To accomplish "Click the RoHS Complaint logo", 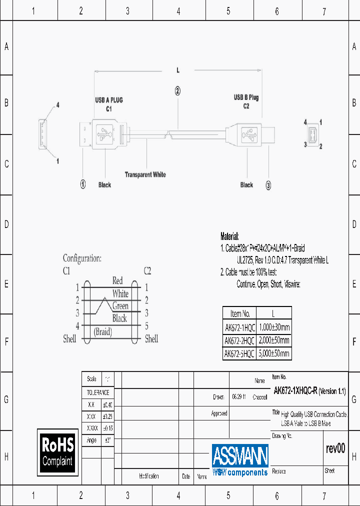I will (57, 452).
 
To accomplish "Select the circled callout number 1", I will (83, 184).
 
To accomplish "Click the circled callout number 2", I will (177, 90).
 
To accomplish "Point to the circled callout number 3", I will (268, 185).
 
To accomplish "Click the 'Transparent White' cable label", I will (145, 174).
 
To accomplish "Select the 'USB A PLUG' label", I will (108, 100).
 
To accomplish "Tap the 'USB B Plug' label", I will (246, 97).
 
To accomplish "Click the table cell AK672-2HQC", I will (239, 340).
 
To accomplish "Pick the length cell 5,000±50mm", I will (274, 353).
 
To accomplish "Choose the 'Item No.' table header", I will (239, 314).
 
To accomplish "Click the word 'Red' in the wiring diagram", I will (117, 280).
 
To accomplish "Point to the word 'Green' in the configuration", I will (120, 306).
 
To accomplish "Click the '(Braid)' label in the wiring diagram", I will (103, 331).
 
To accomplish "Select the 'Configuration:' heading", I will (82, 258).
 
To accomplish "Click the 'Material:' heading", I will (230, 236).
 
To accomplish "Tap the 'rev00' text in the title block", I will (335, 448).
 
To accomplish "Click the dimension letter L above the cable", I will (177, 70).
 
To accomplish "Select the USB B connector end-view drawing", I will (312, 134).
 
